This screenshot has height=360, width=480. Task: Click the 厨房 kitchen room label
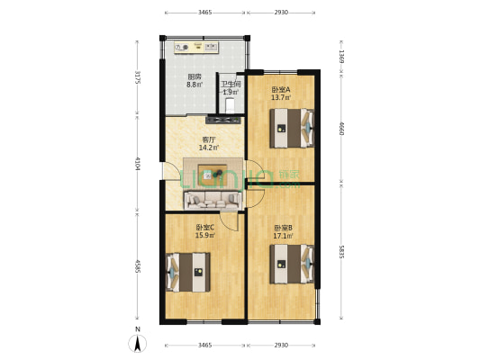click(x=194, y=77)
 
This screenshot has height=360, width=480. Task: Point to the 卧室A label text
click(x=280, y=89)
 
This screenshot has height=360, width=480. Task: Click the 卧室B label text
click(x=283, y=228)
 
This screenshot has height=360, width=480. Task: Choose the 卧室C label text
click(x=204, y=228)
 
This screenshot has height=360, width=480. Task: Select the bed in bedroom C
click(x=188, y=271)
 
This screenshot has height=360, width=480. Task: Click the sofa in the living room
click(x=213, y=200)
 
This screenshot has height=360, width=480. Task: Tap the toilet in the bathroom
click(x=231, y=107)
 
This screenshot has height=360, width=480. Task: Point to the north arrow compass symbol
click(x=137, y=342)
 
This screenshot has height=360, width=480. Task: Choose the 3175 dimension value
click(x=137, y=77)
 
